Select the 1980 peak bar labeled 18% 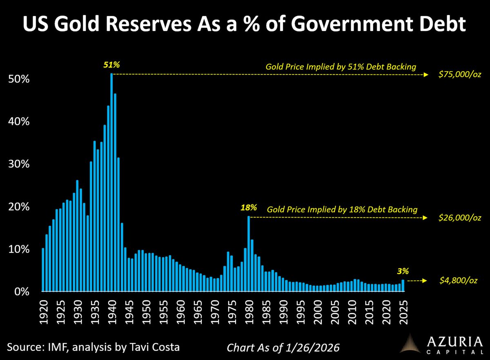(248, 253)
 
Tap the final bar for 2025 (403, 286)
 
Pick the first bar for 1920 (43, 270)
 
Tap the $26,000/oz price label (457, 218)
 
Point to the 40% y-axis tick (19, 121)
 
